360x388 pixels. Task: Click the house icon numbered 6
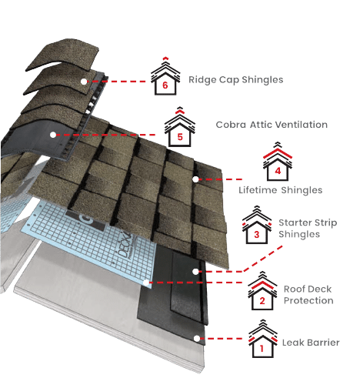(x=165, y=76)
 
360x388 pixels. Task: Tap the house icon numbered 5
(x=180, y=127)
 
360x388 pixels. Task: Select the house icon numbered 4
(x=278, y=162)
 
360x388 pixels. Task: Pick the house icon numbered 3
(x=257, y=225)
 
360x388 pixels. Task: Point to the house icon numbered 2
(x=262, y=291)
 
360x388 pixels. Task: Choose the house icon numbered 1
(x=263, y=339)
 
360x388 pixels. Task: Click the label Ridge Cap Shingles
(x=236, y=80)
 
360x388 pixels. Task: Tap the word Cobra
(x=231, y=125)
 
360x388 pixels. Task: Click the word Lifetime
(x=258, y=190)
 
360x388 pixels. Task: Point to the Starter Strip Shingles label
(x=308, y=229)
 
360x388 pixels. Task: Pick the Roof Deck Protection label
(x=308, y=295)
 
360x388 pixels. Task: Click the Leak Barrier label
(x=311, y=343)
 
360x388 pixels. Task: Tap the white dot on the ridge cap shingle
(x=84, y=82)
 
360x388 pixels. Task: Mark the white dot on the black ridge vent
(x=53, y=135)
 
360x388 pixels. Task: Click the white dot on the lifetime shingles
(x=195, y=179)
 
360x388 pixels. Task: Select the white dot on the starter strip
(x=195, y=272)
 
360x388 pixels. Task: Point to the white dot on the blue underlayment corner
(x=146, y=283)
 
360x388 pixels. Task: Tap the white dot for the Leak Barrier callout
(x=197, y=339)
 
